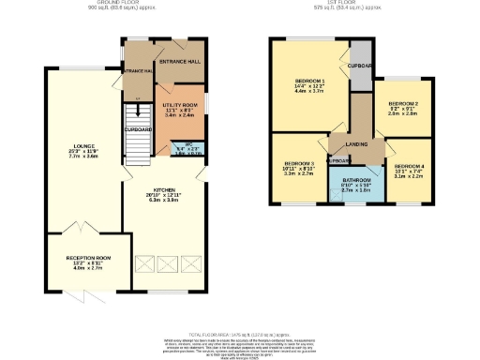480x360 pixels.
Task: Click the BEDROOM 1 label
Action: pyautogui.click(x=308, y=82)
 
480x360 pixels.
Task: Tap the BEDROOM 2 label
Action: pyautogui.click(x=403, y=104)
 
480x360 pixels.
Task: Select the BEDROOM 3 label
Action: pyautogui.click(x=298, y=163)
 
